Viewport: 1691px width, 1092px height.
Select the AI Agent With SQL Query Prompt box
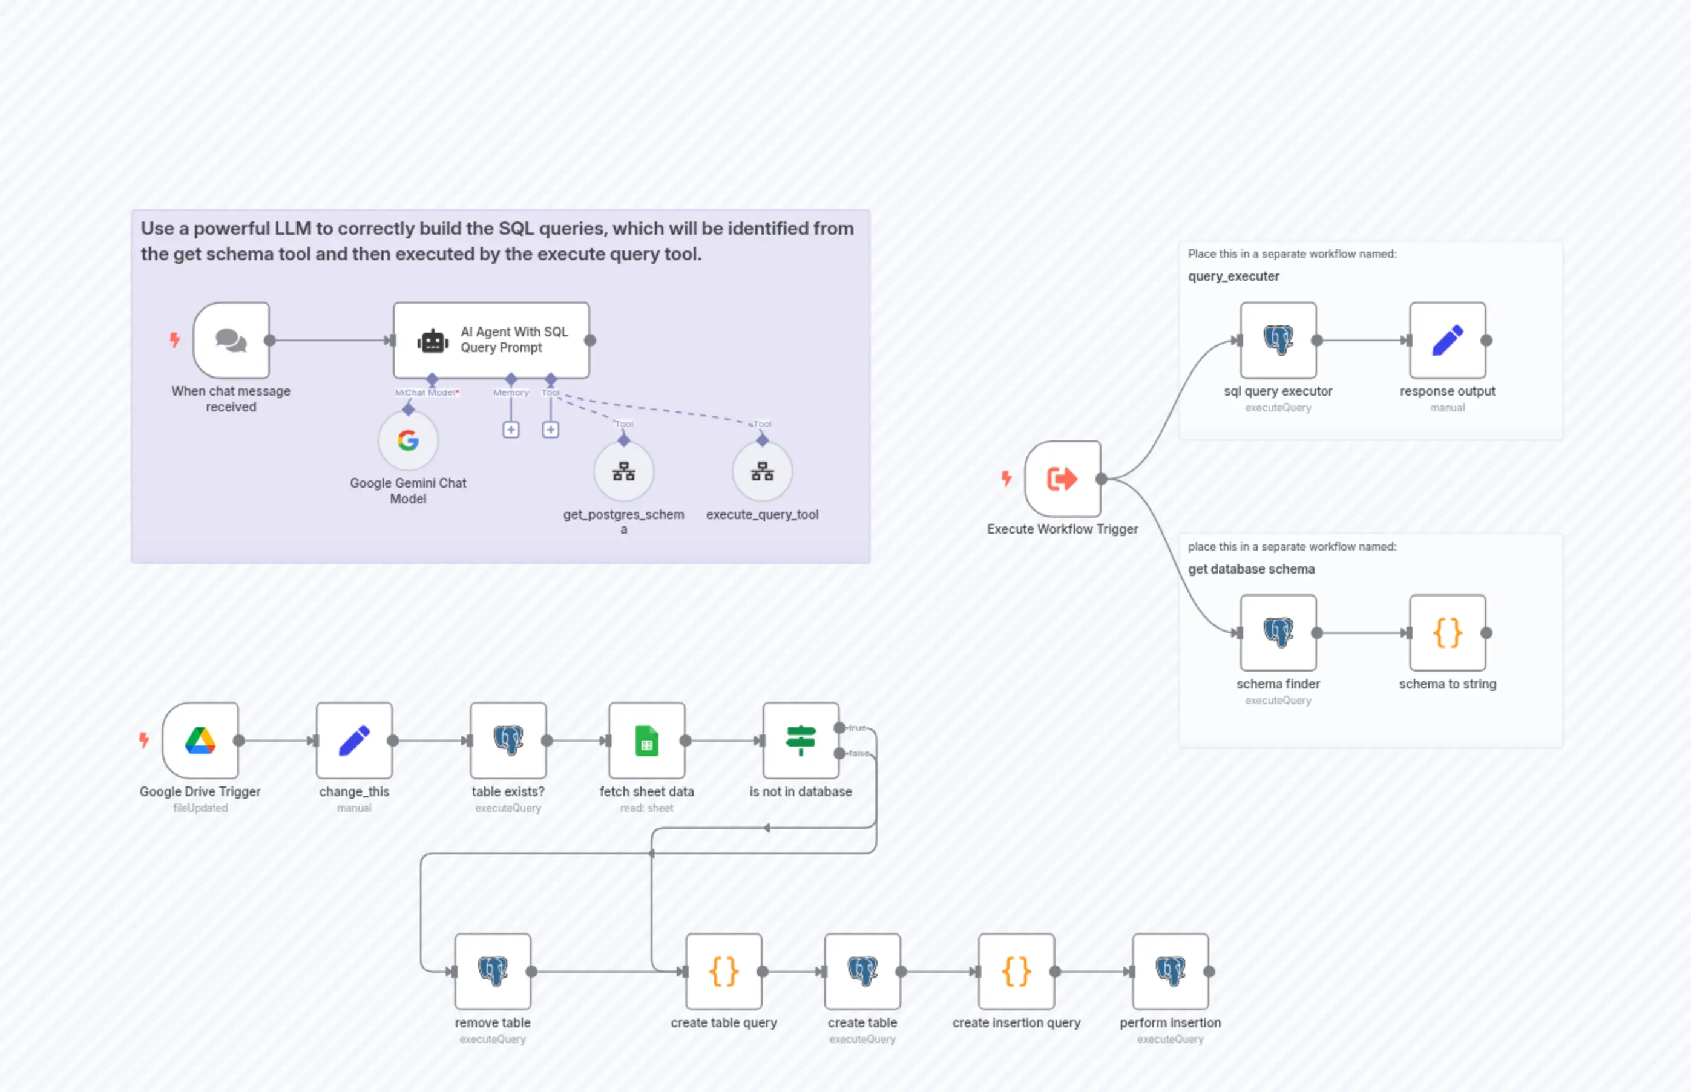coord(491,341)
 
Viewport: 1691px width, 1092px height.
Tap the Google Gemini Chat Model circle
coord(408,440)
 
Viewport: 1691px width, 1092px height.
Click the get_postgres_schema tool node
coord(623,471)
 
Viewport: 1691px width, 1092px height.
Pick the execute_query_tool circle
coord(762,471)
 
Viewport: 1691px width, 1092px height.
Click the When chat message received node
coord(231,341)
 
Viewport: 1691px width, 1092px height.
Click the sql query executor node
coord(1278,341)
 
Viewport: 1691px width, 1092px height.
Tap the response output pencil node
coord(1447,341)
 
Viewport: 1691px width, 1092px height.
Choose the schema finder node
coord(1278,632)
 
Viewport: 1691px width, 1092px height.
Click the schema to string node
coord(1447,632)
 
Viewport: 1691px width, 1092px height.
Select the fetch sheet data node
coord(646,741)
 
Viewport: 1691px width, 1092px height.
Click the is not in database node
coord(800,741)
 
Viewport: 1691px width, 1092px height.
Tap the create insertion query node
coord(1016,972)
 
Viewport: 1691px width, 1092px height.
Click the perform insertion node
coord(1170,972)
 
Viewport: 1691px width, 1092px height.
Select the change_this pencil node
coord(354,741)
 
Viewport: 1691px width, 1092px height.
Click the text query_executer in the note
coord(1233,276)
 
